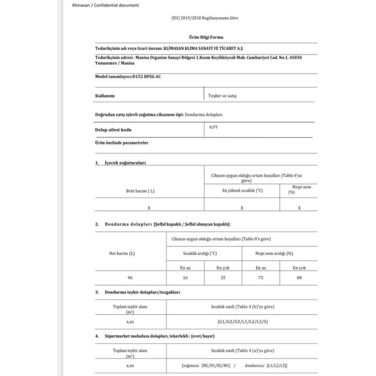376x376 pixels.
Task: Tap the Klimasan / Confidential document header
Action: pos(105,5)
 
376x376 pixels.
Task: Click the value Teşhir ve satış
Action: pos(222,96)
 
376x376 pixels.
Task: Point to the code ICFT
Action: pos(214,127)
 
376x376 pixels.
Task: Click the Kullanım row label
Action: pos(105,96)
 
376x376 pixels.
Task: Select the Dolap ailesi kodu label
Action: pos(113,130)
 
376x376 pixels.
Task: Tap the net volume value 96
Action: pos(130,278)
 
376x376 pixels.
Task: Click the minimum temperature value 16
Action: pos(185,278)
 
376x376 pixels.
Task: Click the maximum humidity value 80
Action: pos(299,278)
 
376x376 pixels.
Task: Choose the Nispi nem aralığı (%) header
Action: pos(274,252)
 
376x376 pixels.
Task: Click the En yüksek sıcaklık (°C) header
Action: pos(242,190)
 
